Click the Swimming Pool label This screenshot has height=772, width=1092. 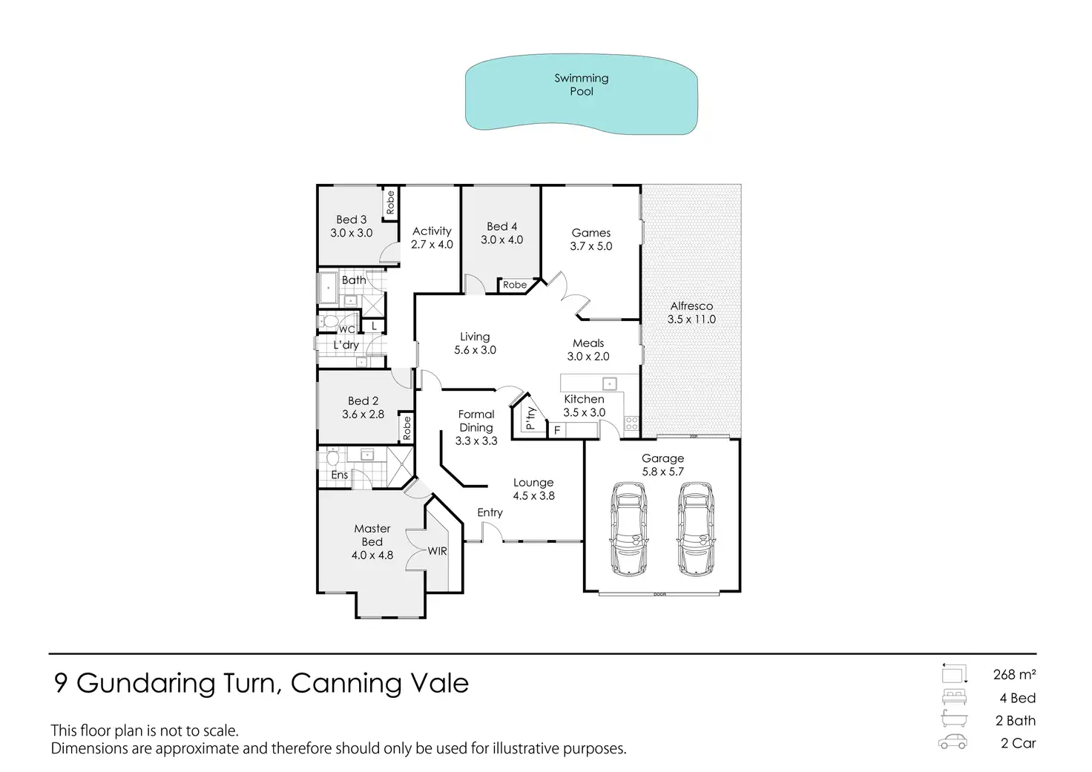pos(582,85)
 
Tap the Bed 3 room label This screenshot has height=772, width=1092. pos(351,220)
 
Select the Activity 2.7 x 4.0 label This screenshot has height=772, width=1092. pos(432,237)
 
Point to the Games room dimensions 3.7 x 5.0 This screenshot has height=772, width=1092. pos(591,246)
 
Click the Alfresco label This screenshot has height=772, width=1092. pos(691,306)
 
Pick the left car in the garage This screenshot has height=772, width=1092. pos(628,529)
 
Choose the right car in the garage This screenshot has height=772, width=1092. pos(696,529)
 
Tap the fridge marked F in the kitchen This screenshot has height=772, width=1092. pos(557,430)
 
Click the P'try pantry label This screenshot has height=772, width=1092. pos(530,418)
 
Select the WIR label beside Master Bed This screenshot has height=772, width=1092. pos(437,551)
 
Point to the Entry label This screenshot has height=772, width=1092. pos(490,512)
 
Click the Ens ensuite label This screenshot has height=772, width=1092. pos(340,475)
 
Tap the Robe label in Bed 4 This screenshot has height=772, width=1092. pos(515,285)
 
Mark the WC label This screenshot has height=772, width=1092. pos(346,329)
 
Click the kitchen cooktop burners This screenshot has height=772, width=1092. pos(631,423)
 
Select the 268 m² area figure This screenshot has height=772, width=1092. pos(1014,675)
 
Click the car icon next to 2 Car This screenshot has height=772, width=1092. pos(953,742)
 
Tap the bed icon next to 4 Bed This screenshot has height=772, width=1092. pos(953,697)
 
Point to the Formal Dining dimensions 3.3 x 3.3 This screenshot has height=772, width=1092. pos(476,441)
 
